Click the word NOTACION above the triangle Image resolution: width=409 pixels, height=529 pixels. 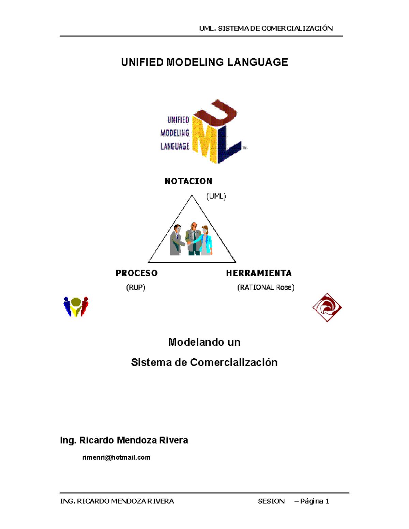pyautogui.click(x=188, y=181)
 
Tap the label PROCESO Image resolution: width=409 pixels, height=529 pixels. pyautogui.click(x=136, y=273)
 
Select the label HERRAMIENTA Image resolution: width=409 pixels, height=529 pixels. pyautogui.click(x=259, y=273)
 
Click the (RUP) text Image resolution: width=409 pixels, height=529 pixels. pyautogui.click(x=136, y=287)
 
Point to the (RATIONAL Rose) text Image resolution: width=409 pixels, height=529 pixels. pyautogui.click(x=266, y=287)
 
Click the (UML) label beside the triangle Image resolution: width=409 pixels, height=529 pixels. pyautogui.click(x=216, y=196)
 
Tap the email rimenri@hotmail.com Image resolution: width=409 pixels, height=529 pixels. pyautogui.click(x=116, y=457)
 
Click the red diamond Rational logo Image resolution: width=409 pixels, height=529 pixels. pyautogui.click(x=327, y=308)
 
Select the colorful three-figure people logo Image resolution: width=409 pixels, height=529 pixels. pyautogui.click(x=76, y=307)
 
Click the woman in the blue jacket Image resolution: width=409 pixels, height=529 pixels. pyautogui.click(x=206, y=240)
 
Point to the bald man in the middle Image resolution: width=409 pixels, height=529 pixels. pyautogui.click(x=194, y=238)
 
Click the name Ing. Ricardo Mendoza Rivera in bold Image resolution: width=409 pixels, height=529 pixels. pyautogui.click(x=124, y=440)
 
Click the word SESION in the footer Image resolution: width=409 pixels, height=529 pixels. pyautogui.click(x=271, y=501)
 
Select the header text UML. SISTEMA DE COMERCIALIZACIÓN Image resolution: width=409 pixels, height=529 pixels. pyautogui.click(x=266, y=29)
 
